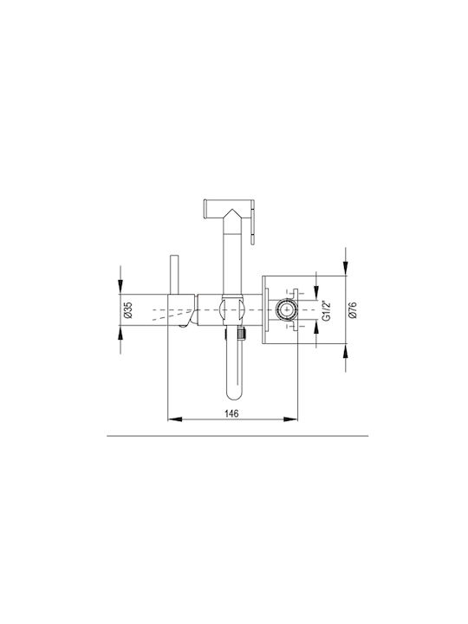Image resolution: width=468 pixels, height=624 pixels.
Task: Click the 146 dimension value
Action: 231,414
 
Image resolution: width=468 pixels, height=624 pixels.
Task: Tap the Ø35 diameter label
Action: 127,309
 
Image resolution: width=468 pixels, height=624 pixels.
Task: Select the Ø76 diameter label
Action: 352,309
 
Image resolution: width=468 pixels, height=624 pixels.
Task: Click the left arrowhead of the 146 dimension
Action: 175,419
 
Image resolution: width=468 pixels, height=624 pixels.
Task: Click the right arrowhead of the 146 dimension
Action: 290,419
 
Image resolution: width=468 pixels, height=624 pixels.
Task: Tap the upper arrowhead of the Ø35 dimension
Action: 120,287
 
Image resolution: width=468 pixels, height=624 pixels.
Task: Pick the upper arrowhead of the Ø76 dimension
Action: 346,269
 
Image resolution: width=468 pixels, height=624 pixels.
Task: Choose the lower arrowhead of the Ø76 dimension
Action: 346,351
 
